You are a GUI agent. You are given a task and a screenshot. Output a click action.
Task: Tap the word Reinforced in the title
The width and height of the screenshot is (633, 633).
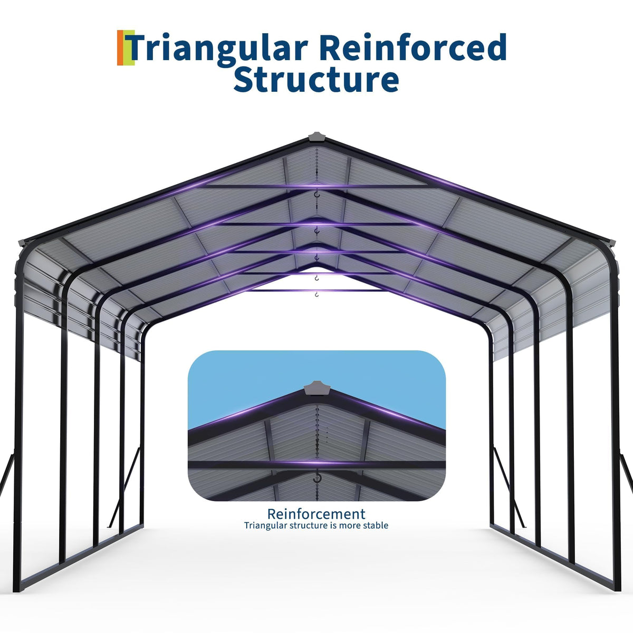pyautogui.click(x=415, y=46)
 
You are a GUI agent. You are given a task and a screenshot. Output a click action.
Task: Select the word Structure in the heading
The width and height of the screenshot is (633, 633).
pyautogui.click(x=316, y=79)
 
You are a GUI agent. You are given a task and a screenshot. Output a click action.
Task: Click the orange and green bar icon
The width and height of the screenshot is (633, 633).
pyautogui.click(x=126, y=47)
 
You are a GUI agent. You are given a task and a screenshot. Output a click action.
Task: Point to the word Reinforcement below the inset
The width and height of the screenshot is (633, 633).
pyautogui.click(x=316, y=514)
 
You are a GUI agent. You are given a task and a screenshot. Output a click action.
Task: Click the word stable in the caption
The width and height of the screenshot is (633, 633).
pyautogui.click(x=375, y=525)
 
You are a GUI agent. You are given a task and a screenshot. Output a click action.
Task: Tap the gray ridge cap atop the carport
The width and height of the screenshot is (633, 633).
pyautogui.click(x=316, y=137)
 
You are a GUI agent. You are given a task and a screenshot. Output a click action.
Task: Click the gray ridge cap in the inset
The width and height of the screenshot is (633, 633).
pyautogui.click(x=316, y=388)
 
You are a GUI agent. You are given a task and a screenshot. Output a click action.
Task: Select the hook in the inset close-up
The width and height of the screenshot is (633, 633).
pyautogui.click(x=316, y=477)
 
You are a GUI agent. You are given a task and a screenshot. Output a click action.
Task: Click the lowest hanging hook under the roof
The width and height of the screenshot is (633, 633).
pyautogui.click(x=316, y=294)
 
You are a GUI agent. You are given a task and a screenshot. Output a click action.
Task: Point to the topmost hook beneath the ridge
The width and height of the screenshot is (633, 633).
pyautogui.click(x=316, y=195)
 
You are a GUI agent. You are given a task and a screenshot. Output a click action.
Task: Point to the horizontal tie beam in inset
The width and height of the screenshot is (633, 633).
pyautogui.click(x=316, y=465)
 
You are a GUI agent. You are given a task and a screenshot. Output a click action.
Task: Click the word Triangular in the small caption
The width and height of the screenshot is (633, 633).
pyautogui.click(x=266, y=525)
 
